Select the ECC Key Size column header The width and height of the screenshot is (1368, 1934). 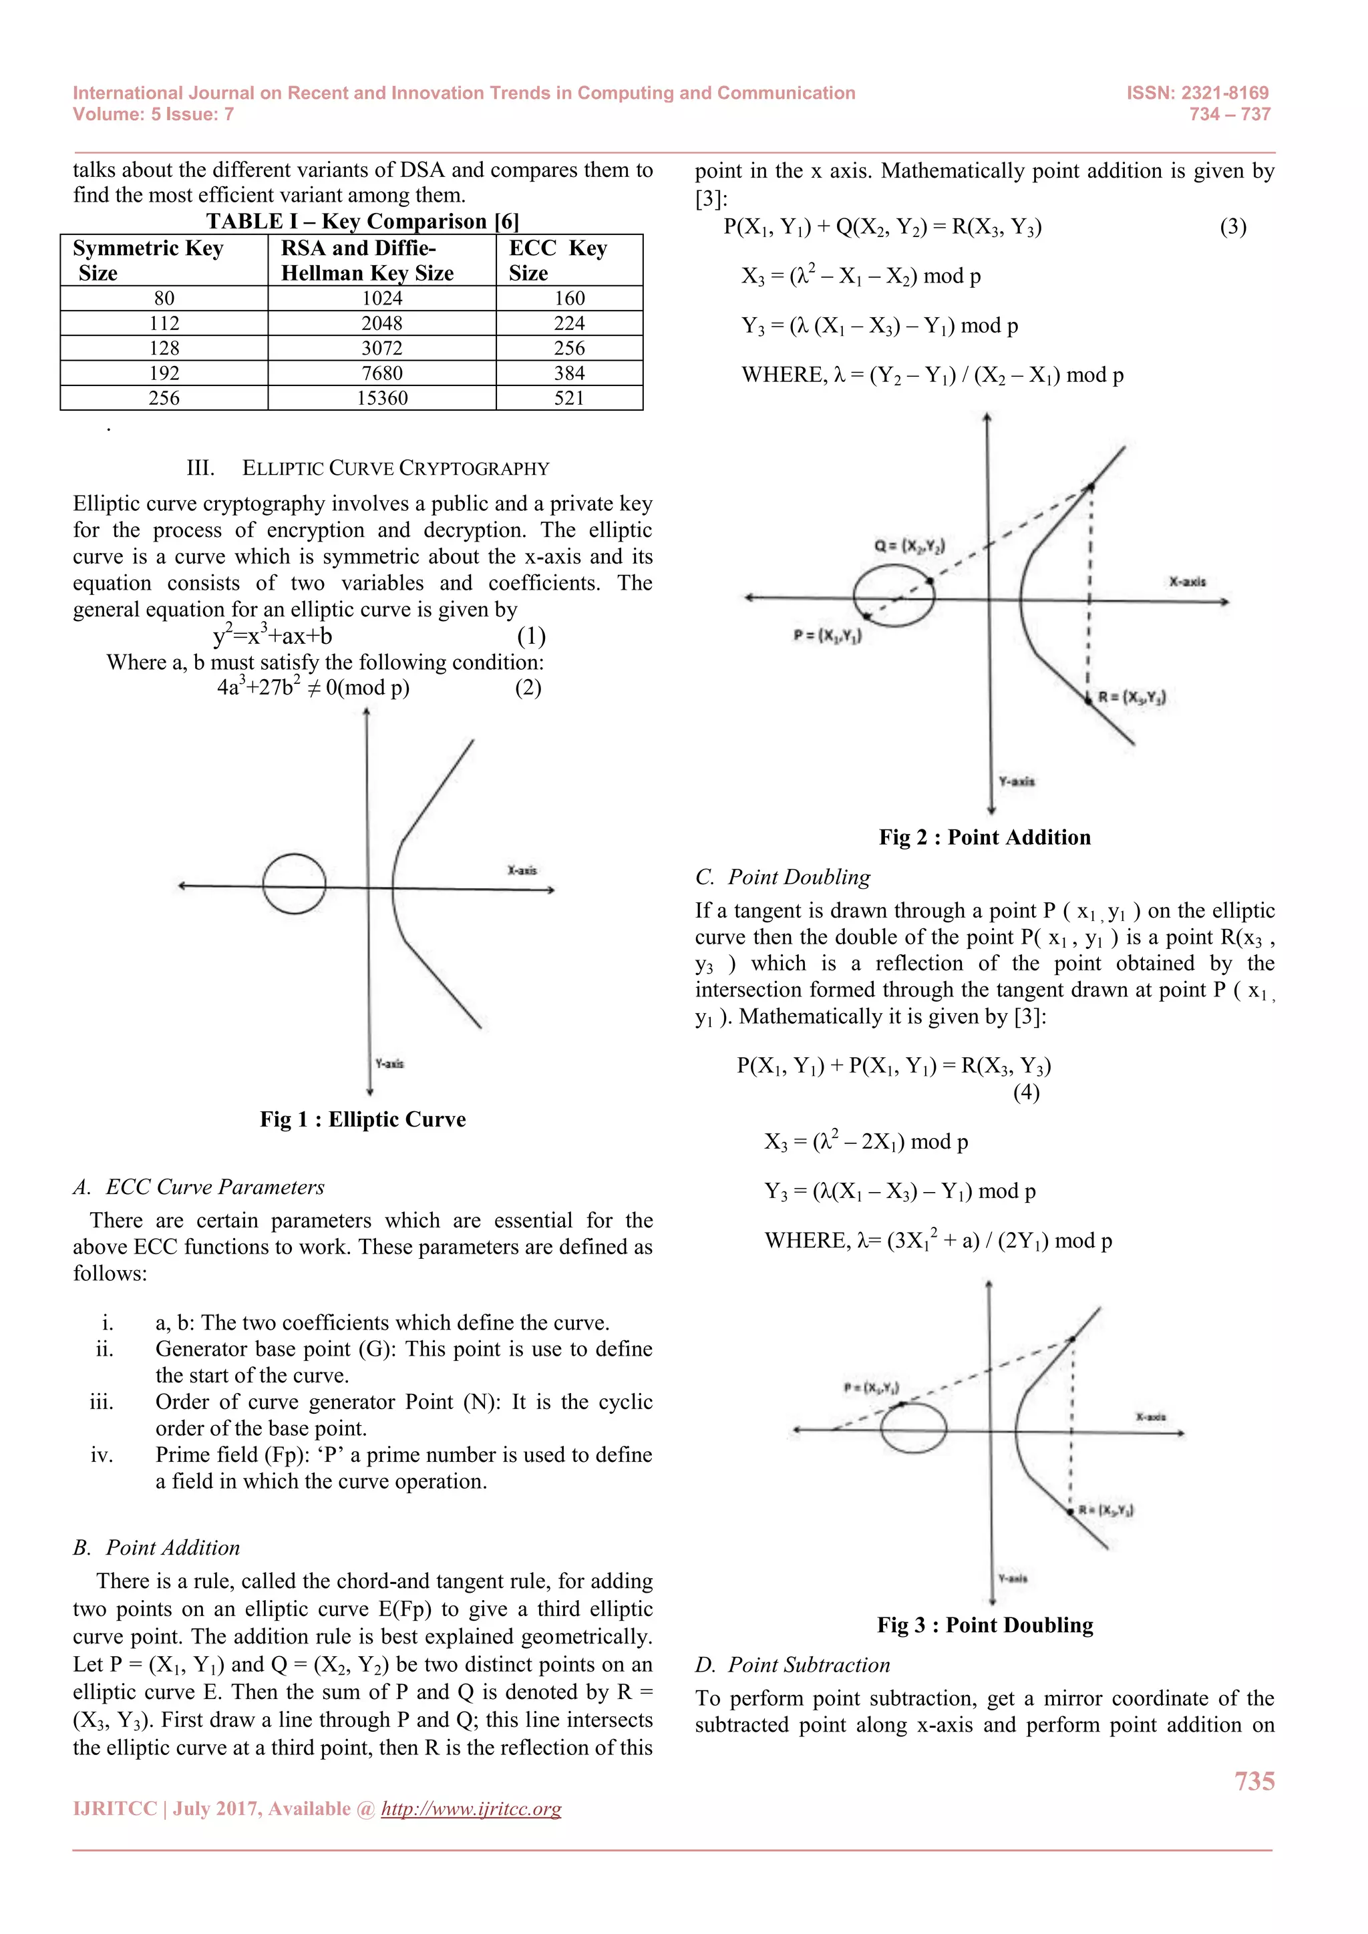pyautogui.click(x=558, y=260)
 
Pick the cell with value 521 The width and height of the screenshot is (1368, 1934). pyautogui.click(x=569, y=399)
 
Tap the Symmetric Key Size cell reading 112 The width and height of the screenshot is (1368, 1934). pyautogui.click(x=164, y=323)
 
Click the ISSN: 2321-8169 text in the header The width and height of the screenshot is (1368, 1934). pyautogui.click(x=1197, y=93)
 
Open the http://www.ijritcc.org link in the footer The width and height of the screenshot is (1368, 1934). pyautogui.click(x=471, y=1808)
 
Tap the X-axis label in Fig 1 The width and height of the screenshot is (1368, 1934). pyautogui.click(x=522, y=870)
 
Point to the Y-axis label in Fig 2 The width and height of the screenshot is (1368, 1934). pyautogui.click(x=1016, y=782)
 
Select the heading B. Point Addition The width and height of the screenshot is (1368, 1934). pyautogui.click(x=157, y=1547)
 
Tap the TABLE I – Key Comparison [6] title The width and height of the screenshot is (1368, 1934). pyautogui.click(x=362, y=222)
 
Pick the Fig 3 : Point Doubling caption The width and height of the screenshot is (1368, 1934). pyautogui.click(x=985, y=1625)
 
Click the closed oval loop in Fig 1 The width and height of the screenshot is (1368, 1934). pyautogui.click(x=294, y=884)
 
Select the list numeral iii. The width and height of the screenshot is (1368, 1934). pyautogui.click(x=102, y=1402)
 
